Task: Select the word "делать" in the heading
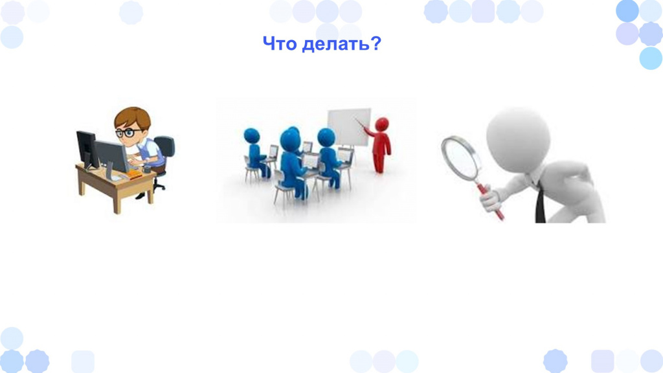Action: [337, 44]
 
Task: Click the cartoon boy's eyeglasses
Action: [128, 133]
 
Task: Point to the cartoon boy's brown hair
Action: [133, 116]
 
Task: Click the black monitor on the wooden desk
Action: [87, 150]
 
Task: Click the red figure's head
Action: [382, 124]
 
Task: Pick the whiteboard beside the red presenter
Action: [349, 127]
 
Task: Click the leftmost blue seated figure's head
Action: [252, 135]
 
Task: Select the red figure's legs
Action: [379, 163]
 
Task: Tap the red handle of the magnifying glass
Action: [492, 203]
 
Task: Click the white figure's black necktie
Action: [541, 203]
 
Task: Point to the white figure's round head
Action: [518, 140]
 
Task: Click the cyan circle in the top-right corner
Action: [651, 58]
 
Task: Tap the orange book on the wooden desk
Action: [134, 174]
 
